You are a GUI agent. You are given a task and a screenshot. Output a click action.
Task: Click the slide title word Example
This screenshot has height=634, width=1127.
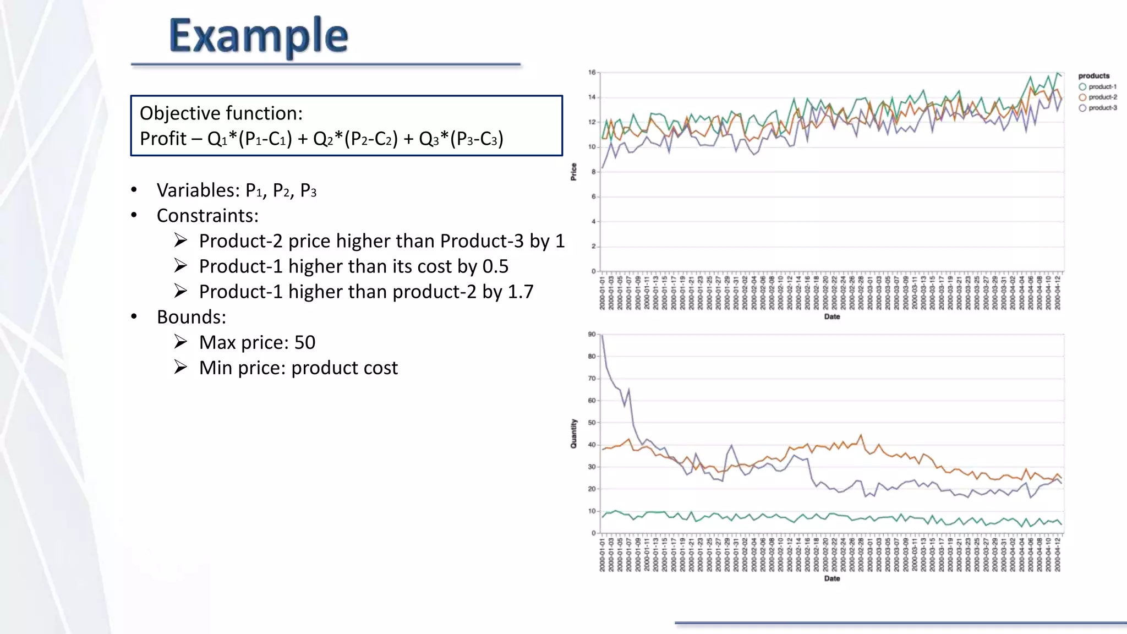point(259,36)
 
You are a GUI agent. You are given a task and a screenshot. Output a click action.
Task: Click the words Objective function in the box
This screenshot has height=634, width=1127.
point(221,113)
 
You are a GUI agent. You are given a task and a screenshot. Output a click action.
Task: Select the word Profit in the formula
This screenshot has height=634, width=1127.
point(163,139)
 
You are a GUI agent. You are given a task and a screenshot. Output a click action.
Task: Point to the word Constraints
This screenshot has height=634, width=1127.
point(207,216)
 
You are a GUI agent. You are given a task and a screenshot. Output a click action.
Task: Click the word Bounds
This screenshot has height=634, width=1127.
point(191,317)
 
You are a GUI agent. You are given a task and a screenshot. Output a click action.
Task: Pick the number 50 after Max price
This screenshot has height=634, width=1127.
point(305,342)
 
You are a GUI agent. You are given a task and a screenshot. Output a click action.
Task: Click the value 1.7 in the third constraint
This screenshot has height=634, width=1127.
point(520,292)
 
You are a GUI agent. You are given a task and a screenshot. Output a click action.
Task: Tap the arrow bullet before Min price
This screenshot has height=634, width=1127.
point(180,367)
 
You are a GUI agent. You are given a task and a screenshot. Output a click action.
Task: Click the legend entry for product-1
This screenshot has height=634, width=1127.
point(1102,87)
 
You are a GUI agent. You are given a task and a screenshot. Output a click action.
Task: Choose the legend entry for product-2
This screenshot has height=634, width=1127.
point(1102,97)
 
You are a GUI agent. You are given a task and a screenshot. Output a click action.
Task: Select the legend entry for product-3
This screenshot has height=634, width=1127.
point(1102,108)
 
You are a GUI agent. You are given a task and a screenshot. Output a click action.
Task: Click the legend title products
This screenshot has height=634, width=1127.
point(1094,76)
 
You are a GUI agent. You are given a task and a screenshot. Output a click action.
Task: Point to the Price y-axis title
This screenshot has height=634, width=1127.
point(574,172)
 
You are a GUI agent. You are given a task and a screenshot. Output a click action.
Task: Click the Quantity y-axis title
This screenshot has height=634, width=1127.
point(574,434)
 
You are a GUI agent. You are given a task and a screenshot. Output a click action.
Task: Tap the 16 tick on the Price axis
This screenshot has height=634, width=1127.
point(592,73)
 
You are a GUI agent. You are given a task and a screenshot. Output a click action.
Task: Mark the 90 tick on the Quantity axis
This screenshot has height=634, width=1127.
point(592,335)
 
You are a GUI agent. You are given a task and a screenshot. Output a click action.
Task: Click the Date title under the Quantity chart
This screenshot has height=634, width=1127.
point(832,578)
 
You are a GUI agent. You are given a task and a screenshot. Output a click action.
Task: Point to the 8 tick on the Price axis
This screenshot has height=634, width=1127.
point(594,172)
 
